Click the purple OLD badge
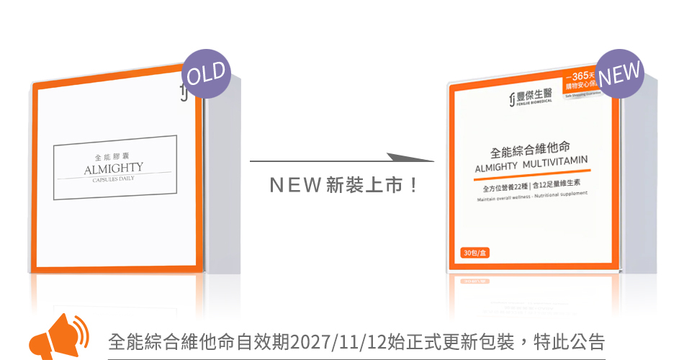206,73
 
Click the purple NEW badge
619,73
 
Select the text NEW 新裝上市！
343,186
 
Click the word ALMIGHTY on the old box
114,168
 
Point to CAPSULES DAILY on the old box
114,179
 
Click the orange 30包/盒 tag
474,253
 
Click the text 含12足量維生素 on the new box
559,184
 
